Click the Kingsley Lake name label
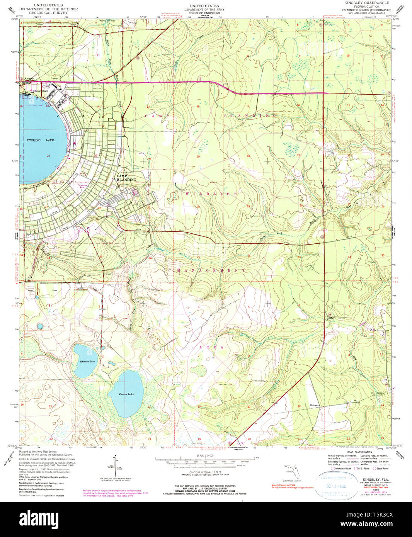[40, 140]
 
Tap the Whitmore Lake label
[87, 361]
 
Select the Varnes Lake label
[126, 394]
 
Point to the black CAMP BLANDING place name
[126, 178]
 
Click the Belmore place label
[314, 405]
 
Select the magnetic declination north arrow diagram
[115, 466]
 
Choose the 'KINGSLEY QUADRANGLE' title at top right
[364, 3]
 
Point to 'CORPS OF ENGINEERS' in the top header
[204, 13]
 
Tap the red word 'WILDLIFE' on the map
[211, 194]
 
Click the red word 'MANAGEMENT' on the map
[211, 270]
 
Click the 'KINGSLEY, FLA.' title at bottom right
[374, 479]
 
